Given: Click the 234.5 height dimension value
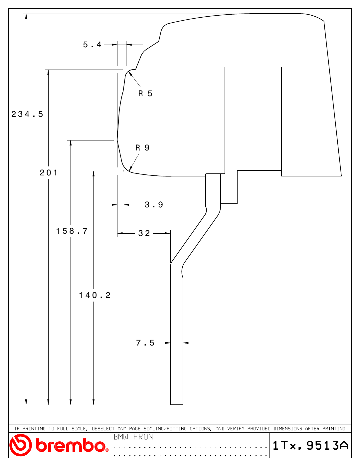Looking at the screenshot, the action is point(27,114).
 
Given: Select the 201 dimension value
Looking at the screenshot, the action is point(49,173).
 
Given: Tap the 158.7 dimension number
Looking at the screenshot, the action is point(72,231).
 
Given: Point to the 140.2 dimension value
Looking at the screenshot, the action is point(95,295).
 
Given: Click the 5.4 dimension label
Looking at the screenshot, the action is point(92,45).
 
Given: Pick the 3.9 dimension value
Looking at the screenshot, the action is point(154,205).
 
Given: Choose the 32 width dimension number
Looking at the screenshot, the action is point(144,233).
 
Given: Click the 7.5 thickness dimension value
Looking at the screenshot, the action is point(145,343).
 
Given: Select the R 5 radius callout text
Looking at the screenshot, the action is point(145,94).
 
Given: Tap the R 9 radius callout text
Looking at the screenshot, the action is point(142,148).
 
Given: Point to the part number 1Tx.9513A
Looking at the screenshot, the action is point(310,445).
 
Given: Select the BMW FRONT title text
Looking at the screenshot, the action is point(136,437).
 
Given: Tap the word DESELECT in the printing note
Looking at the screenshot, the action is point(103,429).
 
